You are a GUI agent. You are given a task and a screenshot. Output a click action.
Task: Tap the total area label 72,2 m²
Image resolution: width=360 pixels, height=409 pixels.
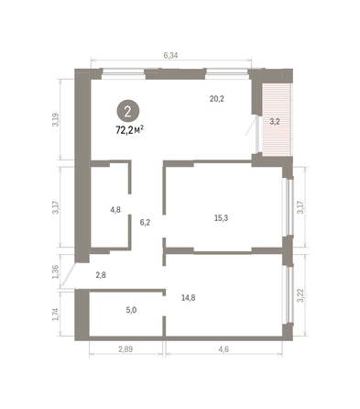click(x=129, y=130)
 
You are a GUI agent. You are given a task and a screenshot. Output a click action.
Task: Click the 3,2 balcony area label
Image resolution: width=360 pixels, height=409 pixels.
click(x=274, y=120)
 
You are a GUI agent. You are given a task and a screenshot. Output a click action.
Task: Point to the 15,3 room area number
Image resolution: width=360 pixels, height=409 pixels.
click(x=221, y=217)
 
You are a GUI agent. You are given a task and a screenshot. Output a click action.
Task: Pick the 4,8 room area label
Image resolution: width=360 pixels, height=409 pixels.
click(x=115, y=209)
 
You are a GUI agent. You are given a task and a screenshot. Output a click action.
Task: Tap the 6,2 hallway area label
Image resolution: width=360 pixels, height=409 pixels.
click(x=145, y=221)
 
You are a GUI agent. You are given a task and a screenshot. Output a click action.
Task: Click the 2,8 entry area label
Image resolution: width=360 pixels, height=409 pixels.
click(x=101, y=275)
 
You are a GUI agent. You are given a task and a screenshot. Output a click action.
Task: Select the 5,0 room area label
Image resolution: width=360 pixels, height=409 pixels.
click(x=131, y=310)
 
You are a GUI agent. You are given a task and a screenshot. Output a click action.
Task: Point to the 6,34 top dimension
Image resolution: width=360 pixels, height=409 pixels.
click(x=170, y=56)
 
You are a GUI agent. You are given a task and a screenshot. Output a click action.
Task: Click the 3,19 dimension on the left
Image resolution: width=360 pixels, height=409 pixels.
click(x=56, y=119)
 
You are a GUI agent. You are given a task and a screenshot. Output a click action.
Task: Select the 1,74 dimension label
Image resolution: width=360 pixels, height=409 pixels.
click(x=56, y=314)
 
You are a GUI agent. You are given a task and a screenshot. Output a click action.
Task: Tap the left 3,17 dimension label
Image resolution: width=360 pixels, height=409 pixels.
click(x=56, y=207)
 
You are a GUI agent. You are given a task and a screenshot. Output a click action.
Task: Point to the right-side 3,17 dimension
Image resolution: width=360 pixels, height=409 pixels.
click(x=300, y=207)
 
